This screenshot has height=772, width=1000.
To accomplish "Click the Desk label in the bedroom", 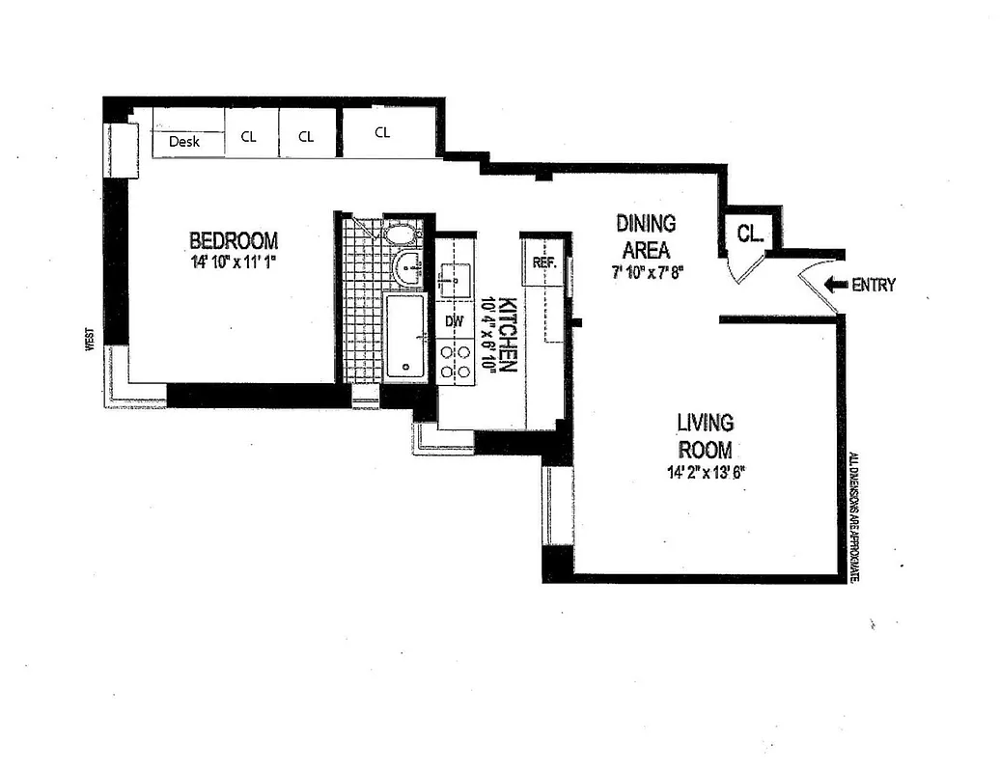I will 184,141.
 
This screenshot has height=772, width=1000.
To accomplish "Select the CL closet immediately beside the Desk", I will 249,136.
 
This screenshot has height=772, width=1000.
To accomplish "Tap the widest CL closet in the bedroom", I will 382,132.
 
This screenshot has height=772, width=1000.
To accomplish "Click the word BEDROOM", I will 234,240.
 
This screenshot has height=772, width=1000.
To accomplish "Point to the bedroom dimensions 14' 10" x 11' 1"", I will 234,262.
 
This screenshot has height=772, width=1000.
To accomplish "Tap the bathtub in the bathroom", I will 404,336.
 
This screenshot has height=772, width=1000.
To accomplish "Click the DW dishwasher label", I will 454,320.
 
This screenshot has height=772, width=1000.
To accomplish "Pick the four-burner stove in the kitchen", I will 455,361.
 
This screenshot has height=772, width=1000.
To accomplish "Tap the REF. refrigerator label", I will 542,261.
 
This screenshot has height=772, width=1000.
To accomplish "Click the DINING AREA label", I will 646,236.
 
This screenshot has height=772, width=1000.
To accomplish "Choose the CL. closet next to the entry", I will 749,233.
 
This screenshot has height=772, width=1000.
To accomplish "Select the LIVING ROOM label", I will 705,436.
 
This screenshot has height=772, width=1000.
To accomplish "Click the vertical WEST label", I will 89,341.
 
